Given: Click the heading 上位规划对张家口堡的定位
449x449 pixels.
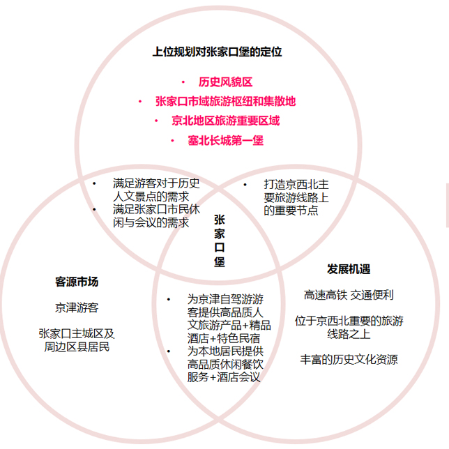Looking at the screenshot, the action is click(217, 52).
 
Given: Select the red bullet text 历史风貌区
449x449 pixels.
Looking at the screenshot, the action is click(226, 82).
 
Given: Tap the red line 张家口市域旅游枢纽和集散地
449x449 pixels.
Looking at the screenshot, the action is click(226, 101).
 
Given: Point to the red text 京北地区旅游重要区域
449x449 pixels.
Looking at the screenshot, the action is click(226, 121).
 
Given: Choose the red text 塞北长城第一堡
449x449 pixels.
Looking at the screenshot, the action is click(226, 140).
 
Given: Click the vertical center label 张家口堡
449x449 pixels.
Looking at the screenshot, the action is click(220, 241).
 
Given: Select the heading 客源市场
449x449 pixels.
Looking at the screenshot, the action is click(77, 282).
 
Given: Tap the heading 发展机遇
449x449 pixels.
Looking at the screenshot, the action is click(349, 269).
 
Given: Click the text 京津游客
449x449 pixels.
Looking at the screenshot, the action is click(77, 308).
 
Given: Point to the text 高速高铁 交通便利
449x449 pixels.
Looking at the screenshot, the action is click(349, 295).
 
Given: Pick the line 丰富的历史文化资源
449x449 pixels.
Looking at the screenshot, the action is click(349, 360).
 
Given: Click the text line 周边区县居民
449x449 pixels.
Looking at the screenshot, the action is click(77, 347).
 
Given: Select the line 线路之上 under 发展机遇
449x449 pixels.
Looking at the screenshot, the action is click(349, 334).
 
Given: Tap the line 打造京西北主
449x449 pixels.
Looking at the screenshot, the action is click(296, 185).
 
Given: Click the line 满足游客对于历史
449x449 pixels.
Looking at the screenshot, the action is click(156, 183).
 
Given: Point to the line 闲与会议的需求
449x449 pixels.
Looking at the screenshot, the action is click(151, 222).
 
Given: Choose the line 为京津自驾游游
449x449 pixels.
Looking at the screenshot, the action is click(225, 300).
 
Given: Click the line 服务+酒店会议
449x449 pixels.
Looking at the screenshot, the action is click(224, 377).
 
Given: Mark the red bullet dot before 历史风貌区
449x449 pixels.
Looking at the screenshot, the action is click(183, 82).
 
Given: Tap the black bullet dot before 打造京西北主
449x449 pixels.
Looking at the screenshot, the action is click(245, 185).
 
